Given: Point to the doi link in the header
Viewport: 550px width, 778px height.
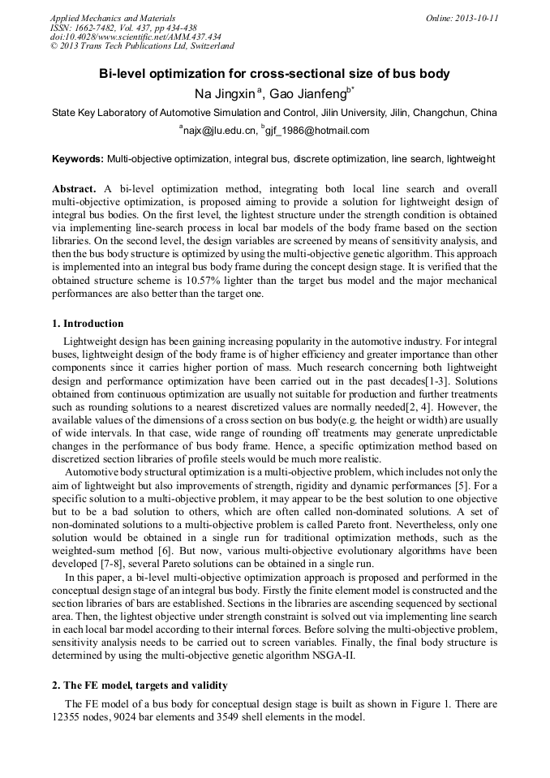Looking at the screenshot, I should tap(135, 37).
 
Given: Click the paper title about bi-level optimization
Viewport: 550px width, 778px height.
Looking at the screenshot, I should tap(274, 74).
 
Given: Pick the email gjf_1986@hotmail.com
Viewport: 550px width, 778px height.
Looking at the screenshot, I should tap(317, 131).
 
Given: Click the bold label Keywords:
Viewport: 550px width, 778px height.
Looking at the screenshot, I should tap(78, 160).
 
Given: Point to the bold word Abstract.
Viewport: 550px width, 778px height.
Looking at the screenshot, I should tap(74, 188).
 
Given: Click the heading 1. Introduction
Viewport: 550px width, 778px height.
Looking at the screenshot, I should tap(88, 324).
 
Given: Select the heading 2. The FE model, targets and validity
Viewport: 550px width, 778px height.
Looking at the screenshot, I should tap(140, 685).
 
